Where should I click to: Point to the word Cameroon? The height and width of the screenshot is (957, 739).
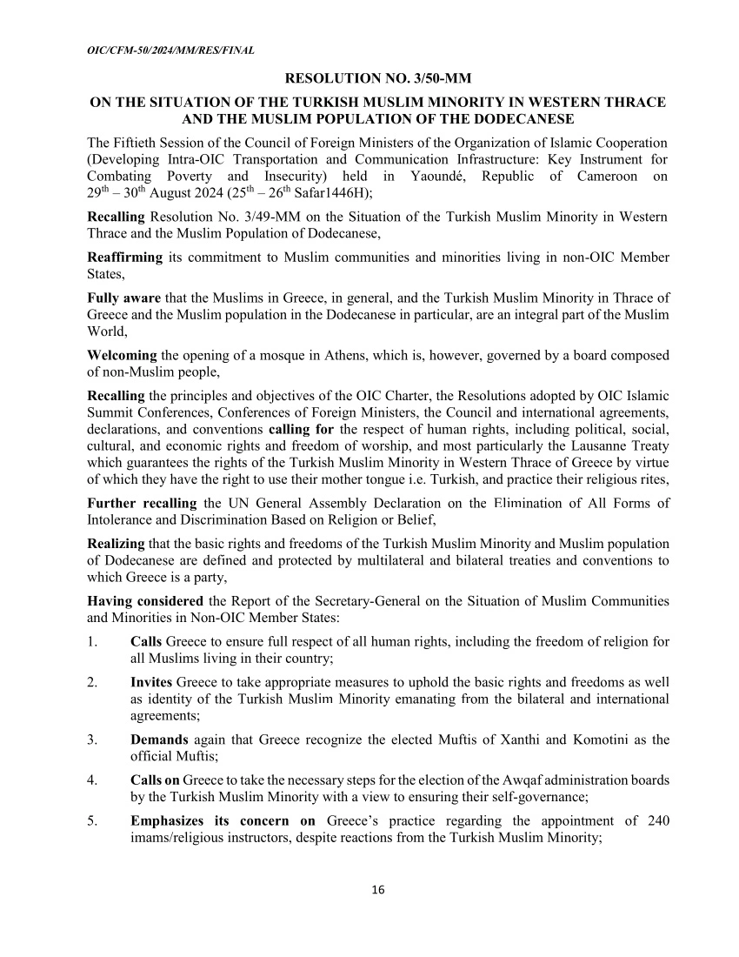click(x=608, y=177)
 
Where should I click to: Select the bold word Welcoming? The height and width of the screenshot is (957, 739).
click(x=123, y=355)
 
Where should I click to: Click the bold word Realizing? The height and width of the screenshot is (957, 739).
click(x=117, y=543)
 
